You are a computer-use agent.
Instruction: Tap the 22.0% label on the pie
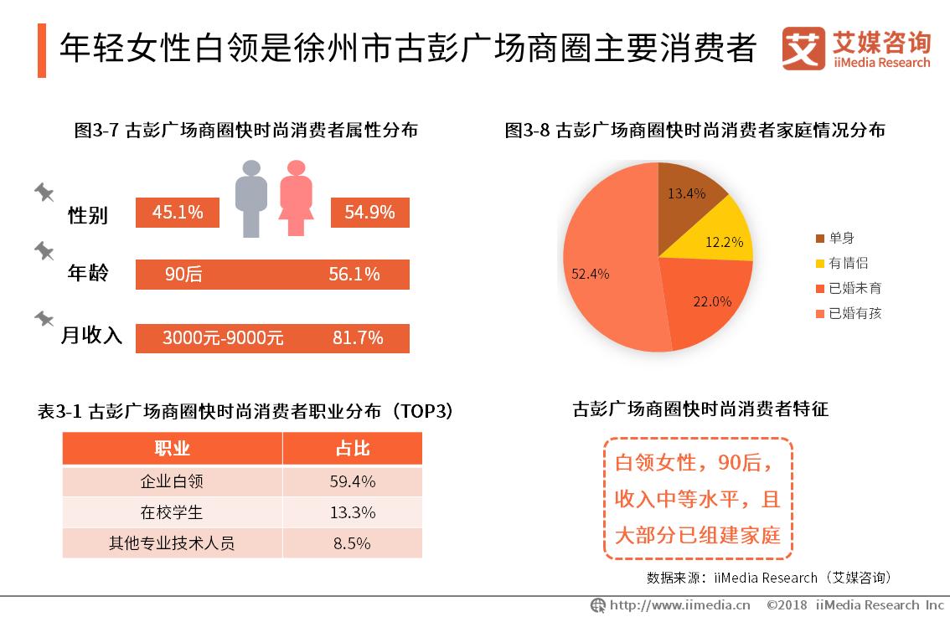click(x=712, y=301)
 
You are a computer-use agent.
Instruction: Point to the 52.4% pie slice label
click(x=591, y=274)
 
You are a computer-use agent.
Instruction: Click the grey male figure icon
click(x=250, y=198)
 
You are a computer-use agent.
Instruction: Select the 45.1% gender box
click(x=178, y=213)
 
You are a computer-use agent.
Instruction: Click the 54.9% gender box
click(x=369, y=213)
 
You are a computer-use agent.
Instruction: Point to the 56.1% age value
click(x=354, y=275)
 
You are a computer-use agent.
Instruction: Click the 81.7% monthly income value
click(x=358, y=338)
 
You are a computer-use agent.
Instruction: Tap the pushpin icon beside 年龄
click(x=44, y=252)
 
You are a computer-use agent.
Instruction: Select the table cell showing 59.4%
click(x=353, y=481)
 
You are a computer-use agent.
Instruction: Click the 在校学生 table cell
click(x=172, y=512)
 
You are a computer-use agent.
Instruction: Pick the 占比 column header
click(x=353, y=449)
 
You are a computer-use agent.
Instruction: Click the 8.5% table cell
click(x=353, y=543)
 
